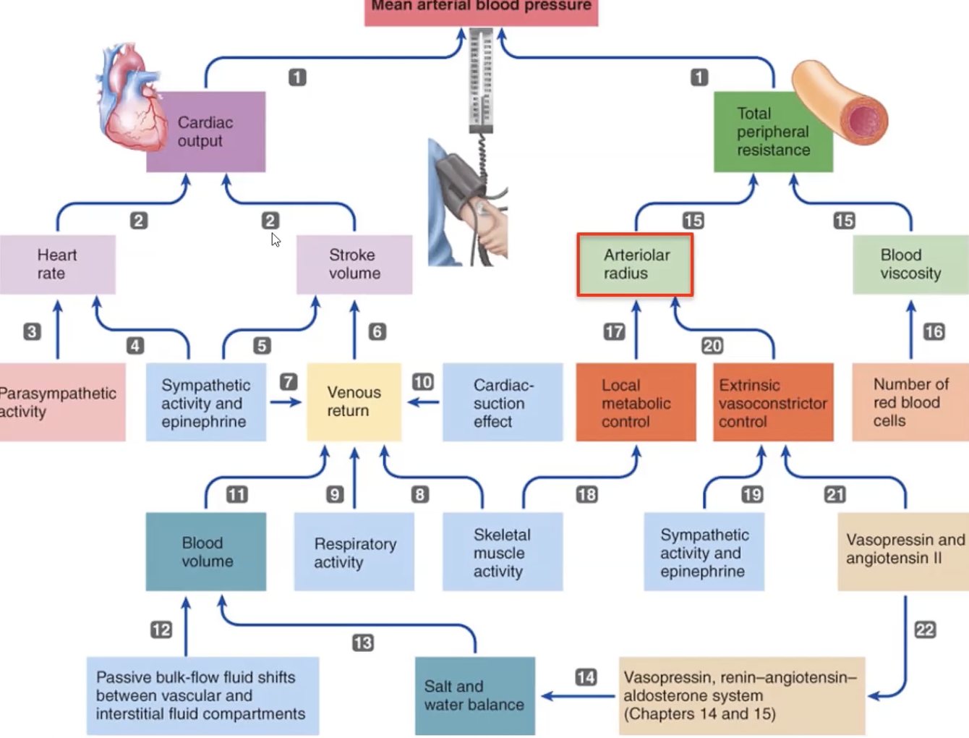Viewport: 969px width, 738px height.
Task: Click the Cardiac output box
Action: (206, 132)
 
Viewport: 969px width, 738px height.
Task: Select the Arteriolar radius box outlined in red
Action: (636, 265)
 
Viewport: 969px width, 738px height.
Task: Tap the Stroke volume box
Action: (354, 265)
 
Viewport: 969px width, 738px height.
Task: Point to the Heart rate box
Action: (57, 265)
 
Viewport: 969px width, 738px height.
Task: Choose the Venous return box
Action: (354, 402)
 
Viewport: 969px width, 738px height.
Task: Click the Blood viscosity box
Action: (910, 265)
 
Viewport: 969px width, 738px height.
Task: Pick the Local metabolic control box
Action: (636, 403)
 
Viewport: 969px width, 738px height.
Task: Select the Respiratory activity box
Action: (354, 553)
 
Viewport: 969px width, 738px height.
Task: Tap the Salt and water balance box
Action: (475, 695)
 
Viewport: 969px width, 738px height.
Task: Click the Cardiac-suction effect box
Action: (503, 403)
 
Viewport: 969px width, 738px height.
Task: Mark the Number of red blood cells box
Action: (910, 402)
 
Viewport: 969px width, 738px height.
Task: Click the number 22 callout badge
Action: (925, 629)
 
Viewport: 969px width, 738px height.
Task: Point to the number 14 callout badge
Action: (586, 677)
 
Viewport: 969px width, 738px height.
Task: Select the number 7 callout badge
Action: (289, 381)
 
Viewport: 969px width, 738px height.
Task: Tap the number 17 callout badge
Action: (614, 331)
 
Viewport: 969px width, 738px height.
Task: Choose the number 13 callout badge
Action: (362, 642)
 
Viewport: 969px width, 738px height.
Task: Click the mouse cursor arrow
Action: (276, 239)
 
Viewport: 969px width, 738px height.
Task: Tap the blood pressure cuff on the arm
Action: (456, 181)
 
